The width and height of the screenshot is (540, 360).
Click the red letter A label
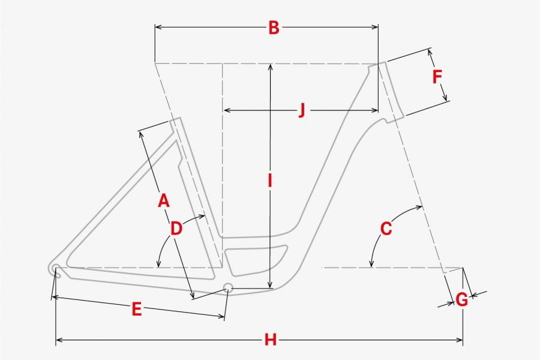coord(164,200)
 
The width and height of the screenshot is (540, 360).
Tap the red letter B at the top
coord(274,28)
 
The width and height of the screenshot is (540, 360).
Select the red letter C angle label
coord(386,229)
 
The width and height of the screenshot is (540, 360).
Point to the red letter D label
coord(176,229)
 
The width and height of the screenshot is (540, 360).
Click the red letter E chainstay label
coord(137,309)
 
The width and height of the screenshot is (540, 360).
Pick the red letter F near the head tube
coord(437,76)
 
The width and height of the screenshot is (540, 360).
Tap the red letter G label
coord(462,299)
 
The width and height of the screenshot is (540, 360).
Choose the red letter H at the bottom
coord(271,340)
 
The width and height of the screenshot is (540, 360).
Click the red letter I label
coord(271,181)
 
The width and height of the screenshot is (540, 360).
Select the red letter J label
coord(302,110)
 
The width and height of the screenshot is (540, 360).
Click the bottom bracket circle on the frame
coord(228,287)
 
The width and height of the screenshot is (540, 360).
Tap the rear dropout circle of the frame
coord(55,268)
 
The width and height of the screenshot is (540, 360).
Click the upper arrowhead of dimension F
coord(430,53)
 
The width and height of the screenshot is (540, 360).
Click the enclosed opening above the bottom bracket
coord(255,259)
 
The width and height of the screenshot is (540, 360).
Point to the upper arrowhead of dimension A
coord(141,134)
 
